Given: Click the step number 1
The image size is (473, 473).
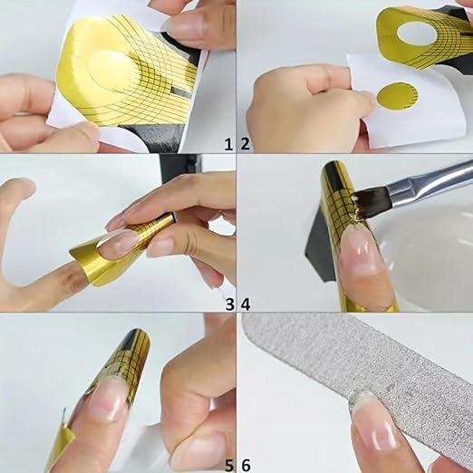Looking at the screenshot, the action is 228,144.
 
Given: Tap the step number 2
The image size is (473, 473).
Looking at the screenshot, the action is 246,144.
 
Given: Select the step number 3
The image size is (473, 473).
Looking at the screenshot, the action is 230,304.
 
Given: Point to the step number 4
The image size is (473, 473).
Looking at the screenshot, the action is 246,304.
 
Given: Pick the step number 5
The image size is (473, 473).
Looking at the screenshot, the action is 229,465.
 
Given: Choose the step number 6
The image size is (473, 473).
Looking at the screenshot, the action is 246,465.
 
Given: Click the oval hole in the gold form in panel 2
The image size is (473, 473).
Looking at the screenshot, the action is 417,34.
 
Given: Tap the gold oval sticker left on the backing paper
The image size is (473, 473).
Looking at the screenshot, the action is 397,95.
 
